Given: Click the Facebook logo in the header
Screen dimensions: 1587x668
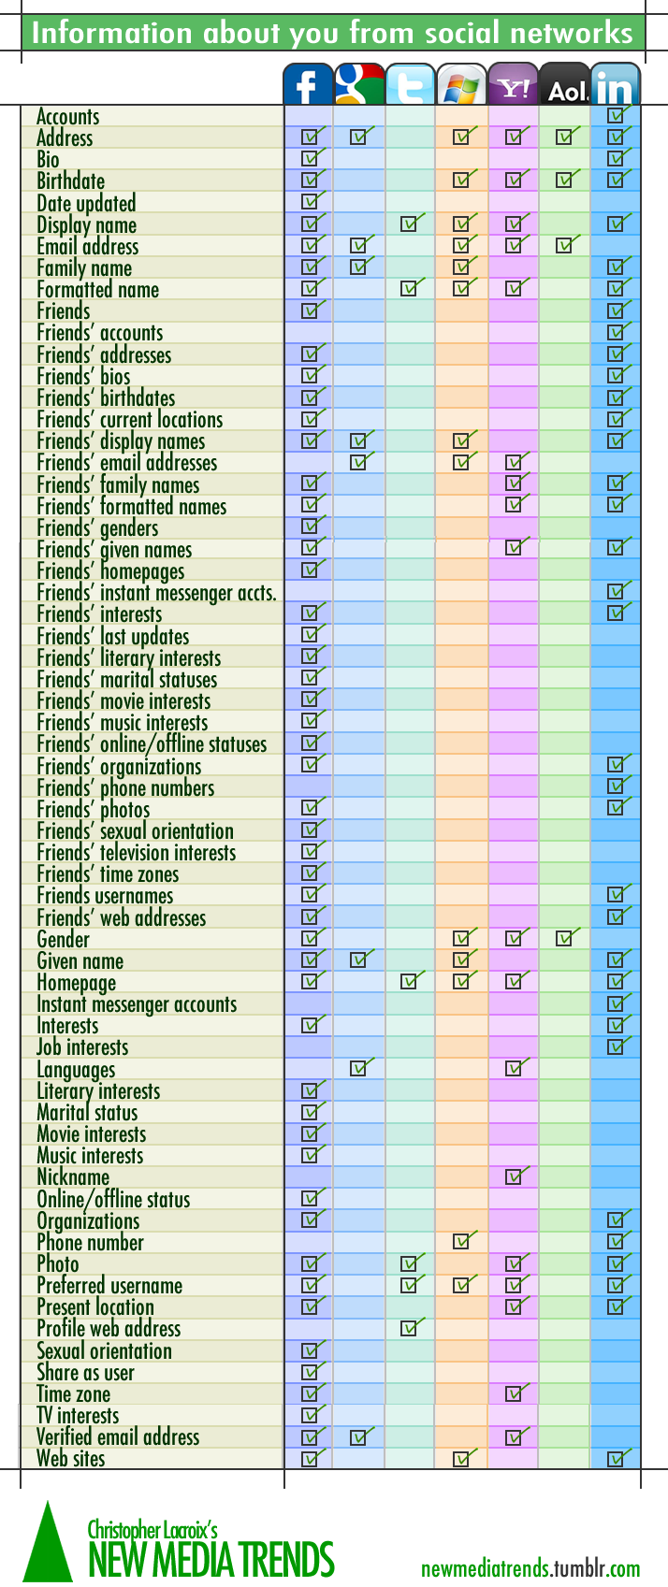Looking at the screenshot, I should (308, 85).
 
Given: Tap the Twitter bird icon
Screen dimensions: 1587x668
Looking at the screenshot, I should (411, 85).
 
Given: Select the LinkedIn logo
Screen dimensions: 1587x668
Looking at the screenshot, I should (615, 85).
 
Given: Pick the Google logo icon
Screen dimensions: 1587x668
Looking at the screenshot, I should (359, 85).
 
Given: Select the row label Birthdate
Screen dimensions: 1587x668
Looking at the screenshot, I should (70, 180).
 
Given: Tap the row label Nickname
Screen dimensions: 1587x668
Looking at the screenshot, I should (73, 1177).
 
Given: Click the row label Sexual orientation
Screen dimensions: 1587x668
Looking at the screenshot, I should (104, 1351).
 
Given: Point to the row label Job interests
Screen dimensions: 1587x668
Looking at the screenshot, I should (82, 1047).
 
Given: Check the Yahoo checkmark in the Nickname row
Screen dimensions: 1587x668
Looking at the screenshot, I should (514, 1176).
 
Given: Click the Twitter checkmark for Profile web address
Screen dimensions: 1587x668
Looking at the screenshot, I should (410, 1328).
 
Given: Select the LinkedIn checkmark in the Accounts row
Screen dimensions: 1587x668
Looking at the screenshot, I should (617, 116).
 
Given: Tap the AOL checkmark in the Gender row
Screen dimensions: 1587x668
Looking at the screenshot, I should (564, 938).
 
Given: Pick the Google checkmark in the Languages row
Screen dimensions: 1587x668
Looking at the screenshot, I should (359, 1068).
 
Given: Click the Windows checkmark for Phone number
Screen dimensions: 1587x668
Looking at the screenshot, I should (461, 1242).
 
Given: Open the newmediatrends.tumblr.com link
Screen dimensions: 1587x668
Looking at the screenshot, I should (530, 1568).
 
